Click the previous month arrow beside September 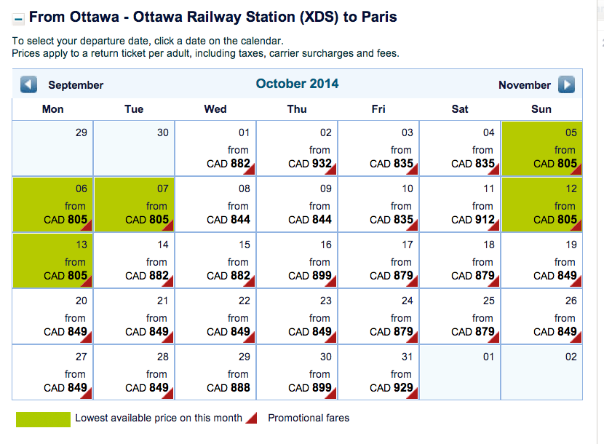tap(29, 85)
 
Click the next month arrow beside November tap(566, 85)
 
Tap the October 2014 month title tap(297, 84)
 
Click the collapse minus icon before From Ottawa tap(18, 17)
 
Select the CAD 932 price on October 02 tap(311, 164)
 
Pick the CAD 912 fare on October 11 tap(474, 220)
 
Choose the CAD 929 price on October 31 tap(392, 388)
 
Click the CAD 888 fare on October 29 tap(229, 388)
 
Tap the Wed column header tap(215, 109)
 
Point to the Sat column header tap(460, 109)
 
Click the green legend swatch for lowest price tap(43, 419)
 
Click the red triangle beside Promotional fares tap(251, 418)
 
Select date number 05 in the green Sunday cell tap(571, 132)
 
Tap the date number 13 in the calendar tap(81, 245)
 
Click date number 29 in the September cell tap(81, 132)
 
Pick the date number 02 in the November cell tap(571, 357)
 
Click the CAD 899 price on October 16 tap(311, 276)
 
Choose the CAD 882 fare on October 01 tap(229, 164)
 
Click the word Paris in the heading tap(378, 16)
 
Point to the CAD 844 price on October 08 tap(229, 220)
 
